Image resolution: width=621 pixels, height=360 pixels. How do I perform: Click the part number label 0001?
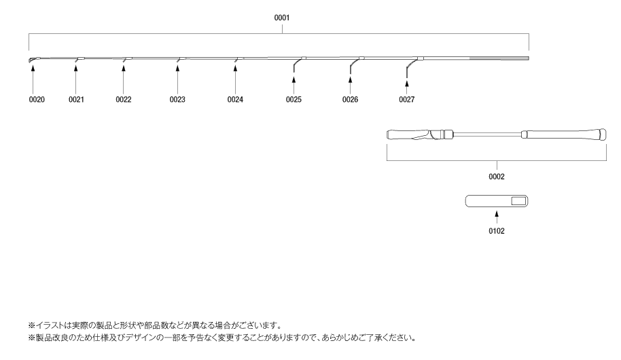pyautogui.click(x=282, y=18)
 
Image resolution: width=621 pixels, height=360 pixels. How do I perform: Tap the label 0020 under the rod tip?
pyautogui.click(x=37, y=99)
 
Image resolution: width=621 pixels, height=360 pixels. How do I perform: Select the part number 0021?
pyautogui.click(x=76, y=99)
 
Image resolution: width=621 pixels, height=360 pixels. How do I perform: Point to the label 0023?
pyautogui.click(x=177, y=99)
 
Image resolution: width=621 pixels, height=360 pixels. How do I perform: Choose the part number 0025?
pyautogui.click(x=294, y=99)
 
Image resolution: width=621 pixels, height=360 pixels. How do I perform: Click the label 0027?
pyautogui.click(x=407, y=99)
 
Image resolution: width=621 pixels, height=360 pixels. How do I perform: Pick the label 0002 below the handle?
pyautogui.click(x=497, y=177)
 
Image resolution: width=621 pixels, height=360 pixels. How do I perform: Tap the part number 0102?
pyautogui.click(x=497, y=231)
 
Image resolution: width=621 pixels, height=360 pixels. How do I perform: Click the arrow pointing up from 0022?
pyautogui.click(x=123, y=80)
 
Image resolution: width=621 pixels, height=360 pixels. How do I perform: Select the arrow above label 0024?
pyautogui.click(x=235, y=80)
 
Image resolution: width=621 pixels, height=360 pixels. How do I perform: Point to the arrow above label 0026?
pyautogui.click(x=350, y=85)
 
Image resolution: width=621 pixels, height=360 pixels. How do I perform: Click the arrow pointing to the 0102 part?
pyautogui.click(x=497, y=217)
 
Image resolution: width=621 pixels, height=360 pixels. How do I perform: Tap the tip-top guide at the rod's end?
pyautogui.click(x=32, y=60)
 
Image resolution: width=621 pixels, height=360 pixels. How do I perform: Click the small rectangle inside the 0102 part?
pyautogui.click(x=518, y=201)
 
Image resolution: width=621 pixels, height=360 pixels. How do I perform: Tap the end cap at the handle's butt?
pyautogui.click(x=603, y=134)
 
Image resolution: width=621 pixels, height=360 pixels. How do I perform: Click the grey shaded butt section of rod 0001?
pyautogui.click(x=499, y=58)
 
